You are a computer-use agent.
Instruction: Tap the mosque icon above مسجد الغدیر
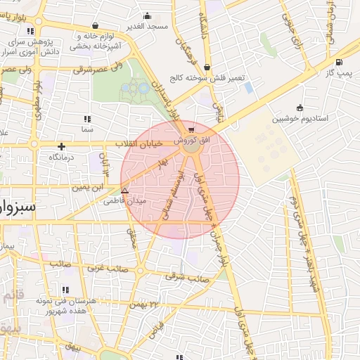pyautogui.click(x=147, y=15)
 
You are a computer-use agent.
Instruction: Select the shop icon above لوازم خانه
pyautogui.click(x=95, y=25)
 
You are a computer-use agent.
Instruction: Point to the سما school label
pyautogui.click(x=87, y=130)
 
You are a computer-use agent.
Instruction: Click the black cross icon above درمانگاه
pyautogui.click(x=62, y=147)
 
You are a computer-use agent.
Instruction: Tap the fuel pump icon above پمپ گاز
pyautogui.click(x=340, y=62)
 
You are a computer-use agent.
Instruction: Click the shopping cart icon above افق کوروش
pyautogui.click(x=191, y=129)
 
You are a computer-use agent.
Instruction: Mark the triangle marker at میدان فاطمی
pyautogui.click(x=125, y=191)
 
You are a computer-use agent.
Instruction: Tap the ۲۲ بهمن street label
pyautogui.click(x=143, y=304)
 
